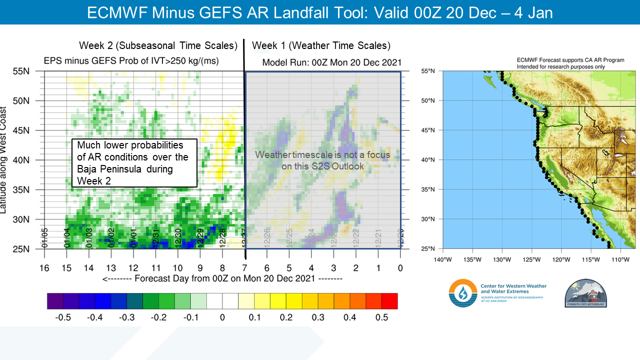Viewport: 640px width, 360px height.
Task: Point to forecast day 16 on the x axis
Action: pyautogui.click(x=44, y=267)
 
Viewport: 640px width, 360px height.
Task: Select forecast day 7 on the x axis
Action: pyautogui.click(x=244, y=267)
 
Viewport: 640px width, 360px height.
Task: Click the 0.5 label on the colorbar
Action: pyautogui.click(x=381, y=317)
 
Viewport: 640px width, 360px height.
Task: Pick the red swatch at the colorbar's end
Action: pyautogui.click(x=389, y=301)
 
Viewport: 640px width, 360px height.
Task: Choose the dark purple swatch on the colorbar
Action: pyautogui.click(x=55, y=301)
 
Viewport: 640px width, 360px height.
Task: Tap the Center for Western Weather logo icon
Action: pyautogui.click(x=463, y=293)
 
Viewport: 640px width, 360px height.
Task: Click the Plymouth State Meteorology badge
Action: pyautogui.click(x=585, y=293)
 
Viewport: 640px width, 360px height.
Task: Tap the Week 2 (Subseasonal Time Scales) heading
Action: pyautogui.click(x=158, y=45)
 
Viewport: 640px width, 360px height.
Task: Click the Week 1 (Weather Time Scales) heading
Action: pyautogui.click(x=321, y=45)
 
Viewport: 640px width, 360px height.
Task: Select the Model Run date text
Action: pyautogui.click(x=332, y=62)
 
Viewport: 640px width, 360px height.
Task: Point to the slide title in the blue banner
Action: pyautogui.click(x=320, y=12)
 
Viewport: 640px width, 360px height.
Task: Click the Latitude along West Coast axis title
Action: pyautogui.click(x=4, y=160)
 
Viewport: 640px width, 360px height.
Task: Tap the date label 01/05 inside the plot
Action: pyautogui.click(x=45, y=238)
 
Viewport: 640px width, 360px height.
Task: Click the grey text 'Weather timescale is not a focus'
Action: pyautogui.click(x=322, y=154)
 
